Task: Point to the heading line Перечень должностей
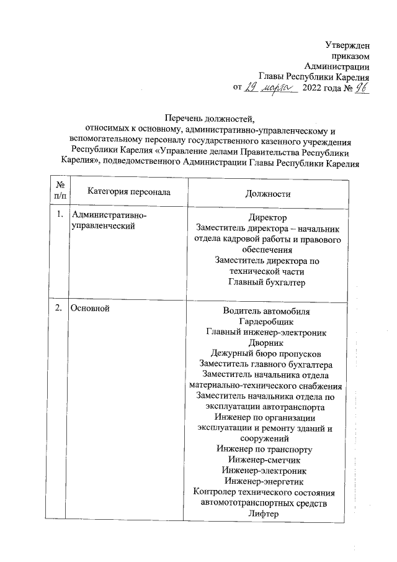pyautogui.click(x=210, y=118)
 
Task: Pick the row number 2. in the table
pyautogui.click(x=60, y=309)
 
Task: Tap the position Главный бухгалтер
pyautogui.click(x=267, y=283)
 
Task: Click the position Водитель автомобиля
pyautogui.click(x=267, y=310)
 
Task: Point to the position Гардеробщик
pyautogui.click(x=267, y=321)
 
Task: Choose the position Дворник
pyautogui.click(x=267, y=342)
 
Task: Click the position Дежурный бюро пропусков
pyautogui.click(x=267, y=353)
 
